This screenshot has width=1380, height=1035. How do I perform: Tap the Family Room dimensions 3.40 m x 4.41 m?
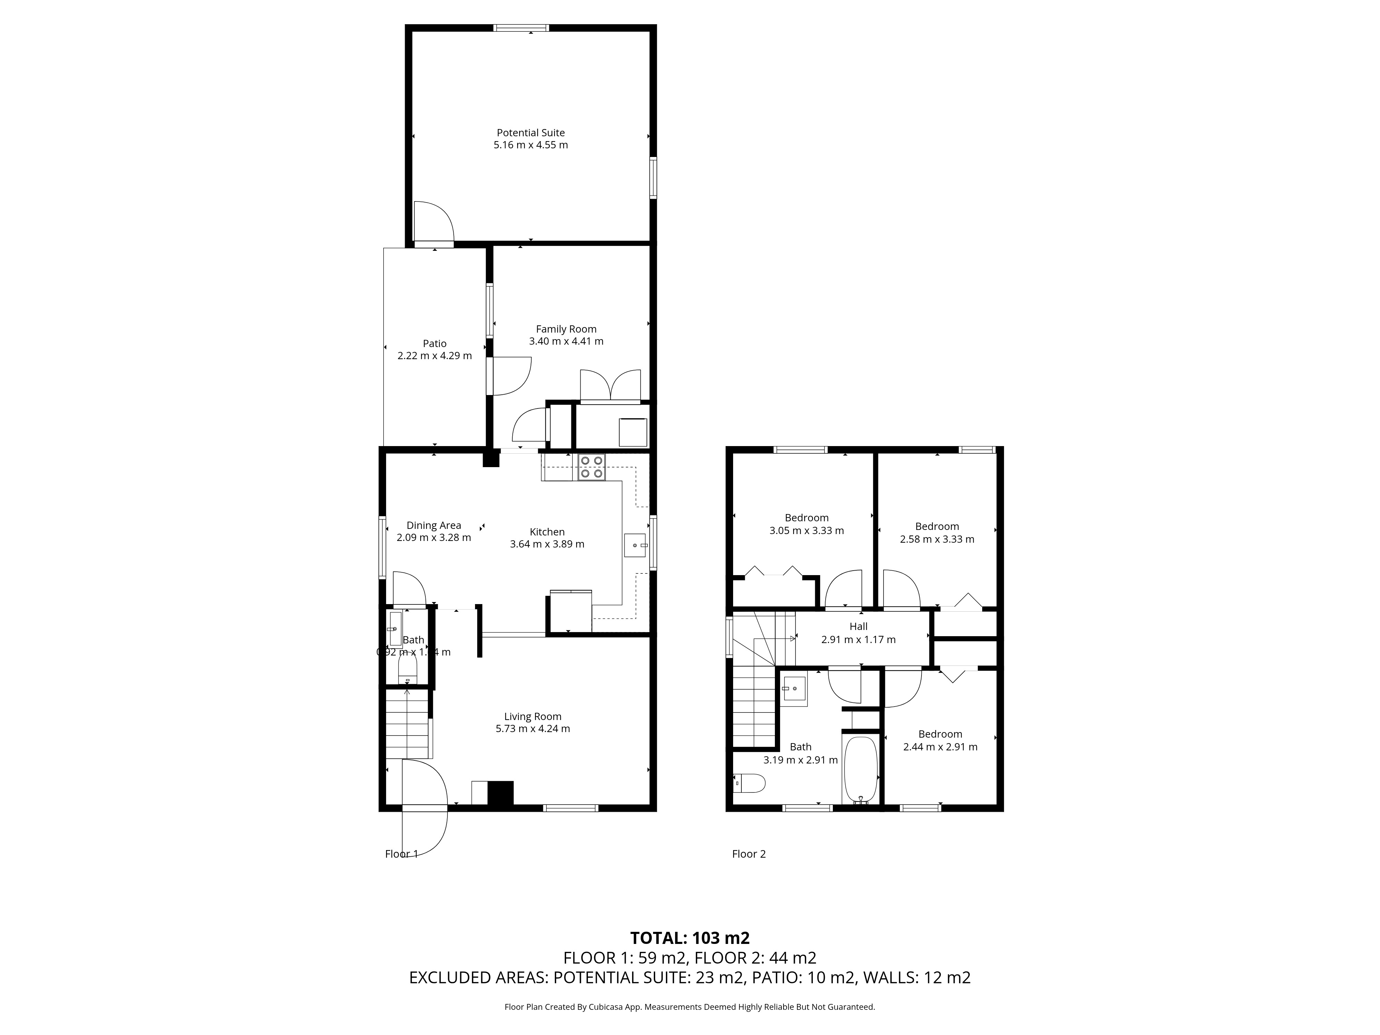tap(566, 341)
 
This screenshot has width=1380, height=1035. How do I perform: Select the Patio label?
tap(434, 344)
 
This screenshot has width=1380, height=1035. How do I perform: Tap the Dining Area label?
tap(434, 525)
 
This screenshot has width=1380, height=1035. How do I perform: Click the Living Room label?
tap(533, 717)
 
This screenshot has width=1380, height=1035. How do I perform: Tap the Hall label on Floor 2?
tap(858, 627)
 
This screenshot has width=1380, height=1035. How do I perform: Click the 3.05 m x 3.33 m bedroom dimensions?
tap(807, 531)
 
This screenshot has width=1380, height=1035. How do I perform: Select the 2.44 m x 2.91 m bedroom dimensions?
tap(940, 747)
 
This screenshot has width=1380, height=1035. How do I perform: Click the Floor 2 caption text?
tap(749, 854)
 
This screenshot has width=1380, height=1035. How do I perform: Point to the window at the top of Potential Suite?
tap(521, 28)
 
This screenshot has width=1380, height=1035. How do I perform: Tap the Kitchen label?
tap(547, 532)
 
